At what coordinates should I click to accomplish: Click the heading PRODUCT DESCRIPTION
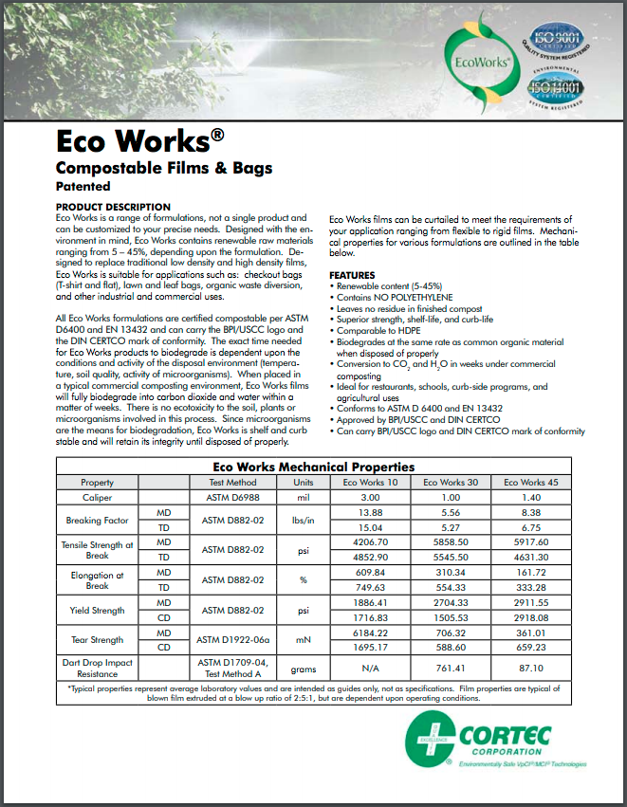coord(113,207)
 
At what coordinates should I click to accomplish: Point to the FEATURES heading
coord(352,275)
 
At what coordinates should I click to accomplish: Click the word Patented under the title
coord(83,188)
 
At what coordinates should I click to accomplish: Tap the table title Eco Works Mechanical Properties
coord(313,467)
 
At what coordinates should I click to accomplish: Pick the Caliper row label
coord(97,497)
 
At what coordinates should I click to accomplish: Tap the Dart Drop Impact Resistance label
coord(97,668)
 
